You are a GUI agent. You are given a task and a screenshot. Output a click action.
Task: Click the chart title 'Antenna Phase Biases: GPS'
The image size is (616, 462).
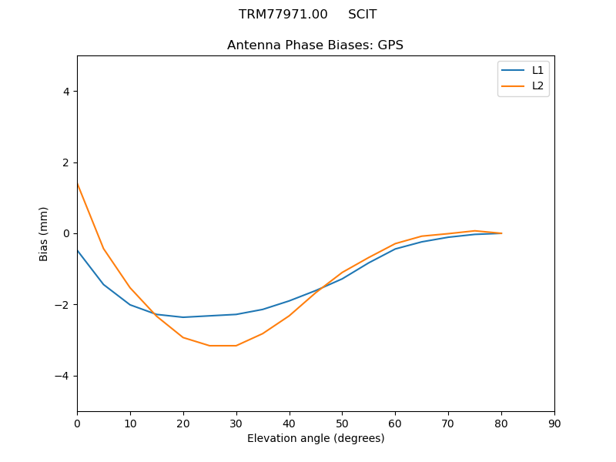[x=315, y=45]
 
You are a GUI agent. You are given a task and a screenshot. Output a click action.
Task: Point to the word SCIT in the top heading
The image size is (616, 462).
[x=362, y=15]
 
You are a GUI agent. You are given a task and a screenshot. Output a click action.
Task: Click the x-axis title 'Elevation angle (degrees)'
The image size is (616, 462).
[x=316, y=438]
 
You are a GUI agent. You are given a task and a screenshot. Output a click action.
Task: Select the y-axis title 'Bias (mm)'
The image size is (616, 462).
[x=44, y=233]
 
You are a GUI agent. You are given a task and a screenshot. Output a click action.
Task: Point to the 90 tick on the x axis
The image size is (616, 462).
[x=554, y=423]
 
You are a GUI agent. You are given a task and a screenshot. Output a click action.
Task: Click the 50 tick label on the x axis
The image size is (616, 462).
[x=342, y=423]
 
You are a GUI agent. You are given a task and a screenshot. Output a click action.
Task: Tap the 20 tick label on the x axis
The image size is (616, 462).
[x=183, y=423]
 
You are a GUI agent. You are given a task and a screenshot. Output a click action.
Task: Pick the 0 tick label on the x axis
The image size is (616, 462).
[x=77, y=423]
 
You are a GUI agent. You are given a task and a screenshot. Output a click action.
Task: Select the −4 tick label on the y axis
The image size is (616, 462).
[x=62, y=376]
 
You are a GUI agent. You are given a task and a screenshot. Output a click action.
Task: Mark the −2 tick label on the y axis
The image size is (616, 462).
[x=62, y=305]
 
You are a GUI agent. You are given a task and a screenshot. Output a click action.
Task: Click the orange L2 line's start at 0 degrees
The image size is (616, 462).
[x=77, y=183]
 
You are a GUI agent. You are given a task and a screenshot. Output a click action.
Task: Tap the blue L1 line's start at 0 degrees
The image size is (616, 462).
[x=77, y=249]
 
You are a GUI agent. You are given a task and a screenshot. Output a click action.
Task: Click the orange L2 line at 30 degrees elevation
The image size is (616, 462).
[x=236, y=346]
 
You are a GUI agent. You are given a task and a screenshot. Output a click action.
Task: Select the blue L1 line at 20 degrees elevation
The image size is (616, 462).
[x=183, y=317]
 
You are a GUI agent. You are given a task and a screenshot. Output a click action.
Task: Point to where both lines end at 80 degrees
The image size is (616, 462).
[x=501, y=233]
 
